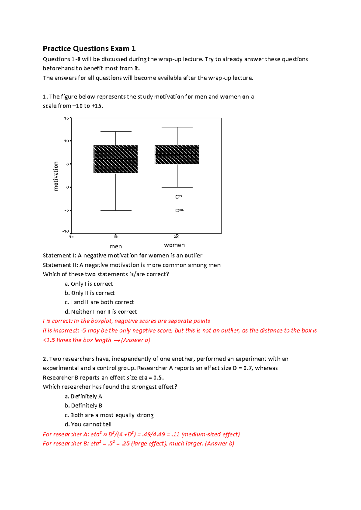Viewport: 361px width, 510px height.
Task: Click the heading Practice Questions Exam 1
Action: (x=89, y=49)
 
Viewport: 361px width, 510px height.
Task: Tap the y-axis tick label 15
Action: (x=66, y=118)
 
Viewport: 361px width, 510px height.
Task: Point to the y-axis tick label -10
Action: (x=65, y=231)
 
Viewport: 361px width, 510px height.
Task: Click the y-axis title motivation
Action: (x=56, y=176)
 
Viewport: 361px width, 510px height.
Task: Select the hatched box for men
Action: (x=116, y=159)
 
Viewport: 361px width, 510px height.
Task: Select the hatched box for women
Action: (x=177, y=155)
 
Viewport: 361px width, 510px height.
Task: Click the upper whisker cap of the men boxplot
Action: (x=116, y=132)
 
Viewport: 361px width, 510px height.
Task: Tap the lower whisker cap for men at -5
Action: (x=116, y=211)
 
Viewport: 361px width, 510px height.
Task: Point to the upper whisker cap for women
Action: (x=177, y=127)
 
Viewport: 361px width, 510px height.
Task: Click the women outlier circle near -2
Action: (x=177, y=197)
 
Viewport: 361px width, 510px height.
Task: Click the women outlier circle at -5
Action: (x=177, y=211)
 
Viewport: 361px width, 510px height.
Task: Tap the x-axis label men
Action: (x=116, y=246)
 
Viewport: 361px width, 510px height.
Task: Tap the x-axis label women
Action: (x=174, y=245)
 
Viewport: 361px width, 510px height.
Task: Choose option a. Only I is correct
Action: (x=89, y=284)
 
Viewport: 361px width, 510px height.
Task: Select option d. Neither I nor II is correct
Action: (x=101, y=312)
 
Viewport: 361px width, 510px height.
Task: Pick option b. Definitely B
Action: (x=83, y=405)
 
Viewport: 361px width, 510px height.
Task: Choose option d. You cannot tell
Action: (x=88, y=424)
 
